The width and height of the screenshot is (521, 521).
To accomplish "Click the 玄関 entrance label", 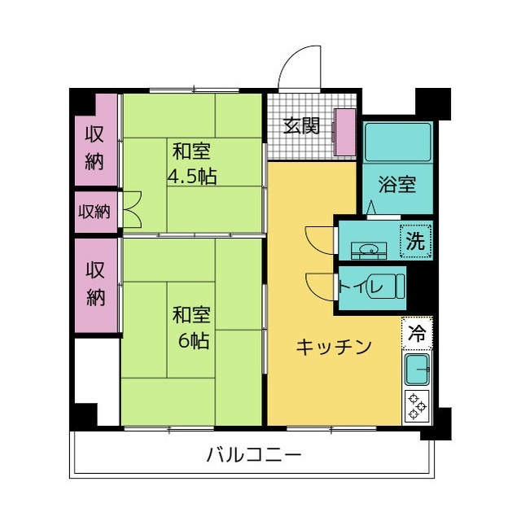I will [x=301, y=126].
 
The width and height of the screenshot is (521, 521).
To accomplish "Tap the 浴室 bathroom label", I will [x=397, y=184].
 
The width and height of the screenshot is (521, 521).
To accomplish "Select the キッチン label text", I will [x=334, y=347].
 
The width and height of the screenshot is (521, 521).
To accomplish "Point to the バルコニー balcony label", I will [x=254, y=454].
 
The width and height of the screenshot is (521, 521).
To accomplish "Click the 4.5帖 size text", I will [x=192, y=175].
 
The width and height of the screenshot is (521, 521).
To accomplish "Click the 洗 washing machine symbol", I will [x=416, y=241].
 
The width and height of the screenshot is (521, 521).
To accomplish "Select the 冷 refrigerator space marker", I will [x=417, y=332].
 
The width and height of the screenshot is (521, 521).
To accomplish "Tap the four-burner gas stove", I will [x=417, y=405].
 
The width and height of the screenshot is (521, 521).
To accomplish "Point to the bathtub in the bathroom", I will [x=396, y=142].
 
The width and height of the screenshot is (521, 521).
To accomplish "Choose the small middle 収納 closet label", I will [x=94, y=212].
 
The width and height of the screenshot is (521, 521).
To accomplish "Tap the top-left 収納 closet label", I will [x=94, y=147].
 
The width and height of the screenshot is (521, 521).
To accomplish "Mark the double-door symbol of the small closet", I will [x=133, y=208].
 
